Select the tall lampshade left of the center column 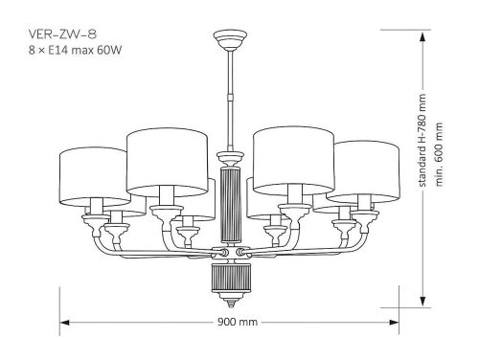pyautogui.click(x=167, y=163)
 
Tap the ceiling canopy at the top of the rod pyautogui.click(x=229, y=39)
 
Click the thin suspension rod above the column pyautogui.click(x=229, y=96)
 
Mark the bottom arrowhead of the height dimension pyautogui.click(x=423, y=295)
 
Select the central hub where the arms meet pyautogui.click(x=229, y=253)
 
